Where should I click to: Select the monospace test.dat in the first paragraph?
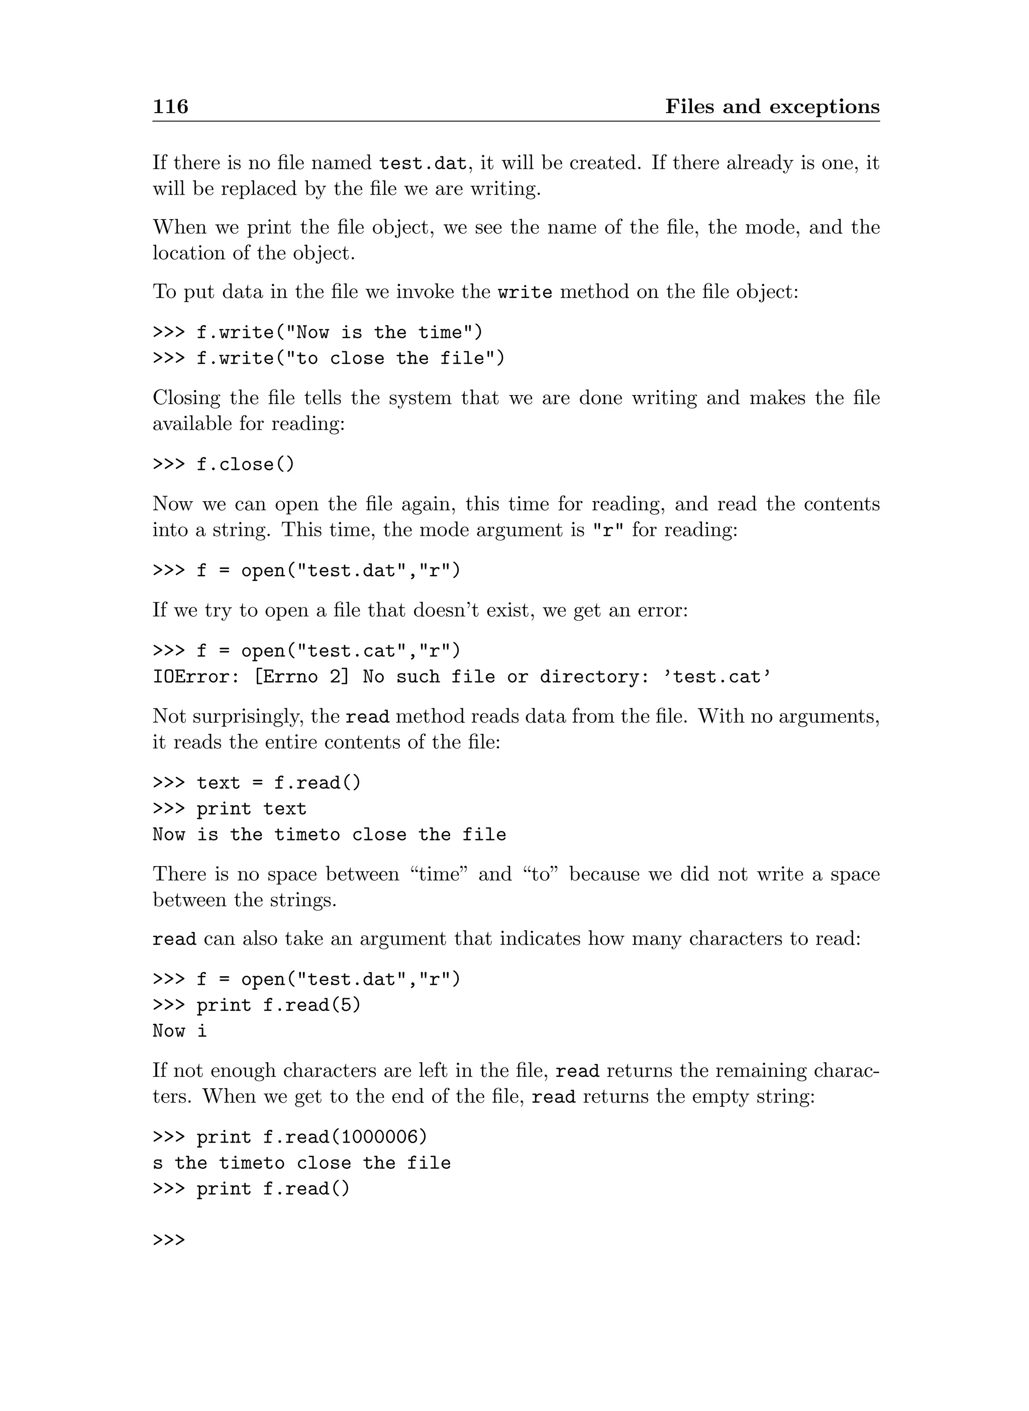[x=423, y=164]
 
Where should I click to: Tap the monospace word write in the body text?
[x=525, y=292]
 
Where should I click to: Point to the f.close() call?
[x=245, y=465]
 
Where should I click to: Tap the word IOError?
[x=192, y=678]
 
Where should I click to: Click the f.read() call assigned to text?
[x=317, y=783]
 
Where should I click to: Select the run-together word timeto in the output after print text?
[x=307, y=835]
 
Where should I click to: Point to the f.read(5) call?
[x=312, y=1006]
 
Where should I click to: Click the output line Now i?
[x=179, y=1031]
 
